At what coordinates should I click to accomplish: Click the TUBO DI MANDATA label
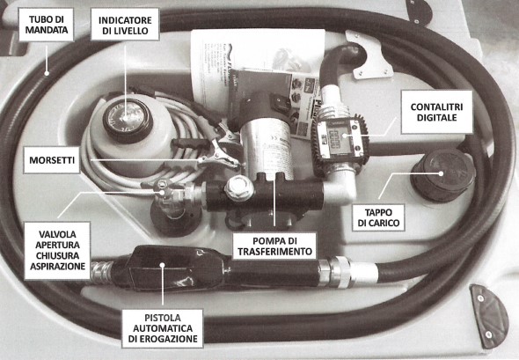[46, 25]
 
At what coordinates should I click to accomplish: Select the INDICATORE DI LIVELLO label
[125, 25]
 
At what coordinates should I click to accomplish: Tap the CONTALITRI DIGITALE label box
[436, 113]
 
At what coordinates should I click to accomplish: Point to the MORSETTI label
[52, 160]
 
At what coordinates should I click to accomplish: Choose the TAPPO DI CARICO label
[378, 217]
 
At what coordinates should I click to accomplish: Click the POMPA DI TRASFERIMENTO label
[274, 246]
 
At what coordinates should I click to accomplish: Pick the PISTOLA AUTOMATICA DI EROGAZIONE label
[163, 328]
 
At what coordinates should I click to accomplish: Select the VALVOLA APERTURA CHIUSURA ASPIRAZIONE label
[57, 250]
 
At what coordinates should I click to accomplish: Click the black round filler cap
[442, 175]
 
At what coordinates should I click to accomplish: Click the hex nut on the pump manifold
[239, 187]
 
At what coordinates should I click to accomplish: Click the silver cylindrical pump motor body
[267, 146]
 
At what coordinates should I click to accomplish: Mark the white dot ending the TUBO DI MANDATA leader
[47, 73]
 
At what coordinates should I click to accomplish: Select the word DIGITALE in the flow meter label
[436, 118]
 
